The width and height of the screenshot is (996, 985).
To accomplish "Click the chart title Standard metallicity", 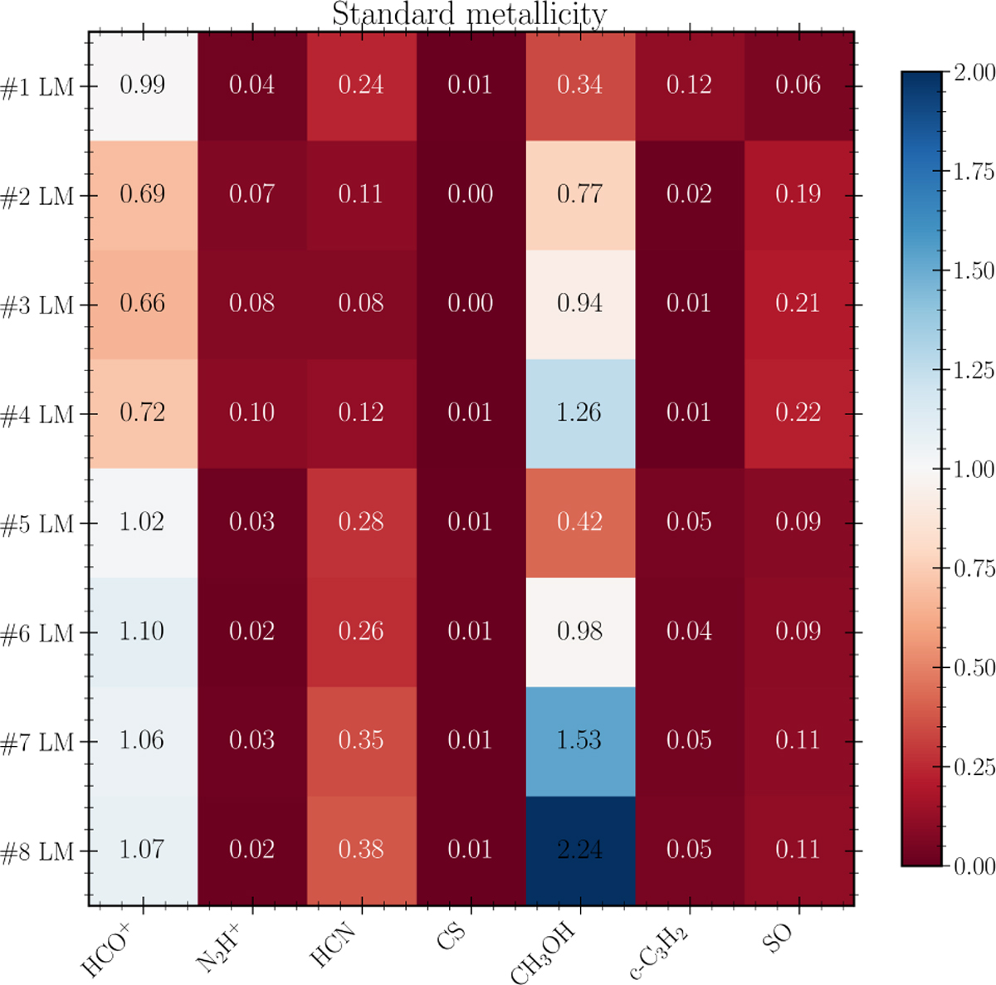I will point(469,14).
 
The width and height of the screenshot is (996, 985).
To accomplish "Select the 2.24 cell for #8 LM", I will point(579,850).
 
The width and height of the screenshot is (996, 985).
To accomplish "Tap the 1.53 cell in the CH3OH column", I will point(579,740).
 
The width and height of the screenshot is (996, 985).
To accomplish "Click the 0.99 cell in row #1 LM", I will point(143,85).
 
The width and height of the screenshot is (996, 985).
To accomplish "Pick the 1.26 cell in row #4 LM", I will point(579,412).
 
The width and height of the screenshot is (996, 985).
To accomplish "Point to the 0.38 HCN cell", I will point(361,850).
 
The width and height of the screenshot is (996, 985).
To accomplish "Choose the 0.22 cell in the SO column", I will point(798,412).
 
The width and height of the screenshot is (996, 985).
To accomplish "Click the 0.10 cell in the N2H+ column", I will point(251,412).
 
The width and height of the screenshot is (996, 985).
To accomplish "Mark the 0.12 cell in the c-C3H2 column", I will point(689,85).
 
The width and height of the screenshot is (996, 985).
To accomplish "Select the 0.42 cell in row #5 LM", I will point(579,522).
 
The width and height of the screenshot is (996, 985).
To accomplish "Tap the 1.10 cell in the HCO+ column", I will point(143,631).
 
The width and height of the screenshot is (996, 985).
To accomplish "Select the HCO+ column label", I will point(105,946).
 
